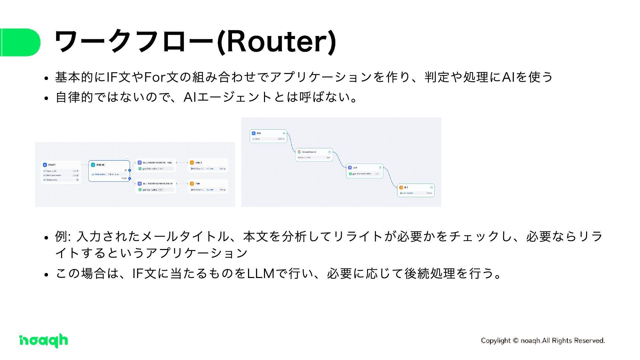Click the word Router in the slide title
277,42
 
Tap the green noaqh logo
44,340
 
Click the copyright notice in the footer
543,340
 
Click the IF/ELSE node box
109,171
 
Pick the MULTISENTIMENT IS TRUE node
156,165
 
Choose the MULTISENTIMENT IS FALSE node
156,187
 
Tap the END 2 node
208,165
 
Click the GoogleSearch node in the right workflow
314,155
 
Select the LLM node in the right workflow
364,170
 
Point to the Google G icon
299,152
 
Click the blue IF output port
130,170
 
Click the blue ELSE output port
130,179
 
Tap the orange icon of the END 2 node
192,163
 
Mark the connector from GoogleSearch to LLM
340,160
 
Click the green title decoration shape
20,42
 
